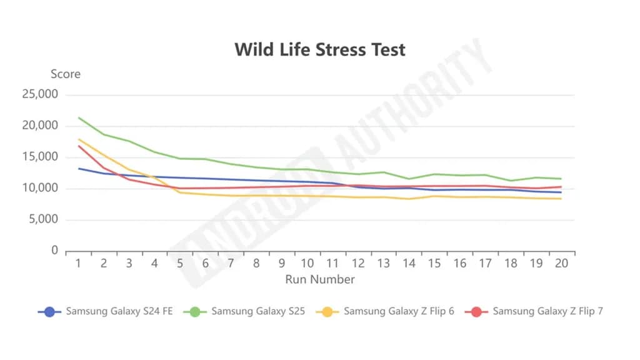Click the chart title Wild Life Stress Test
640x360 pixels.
[319, 49]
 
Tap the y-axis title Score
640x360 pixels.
[66, 74]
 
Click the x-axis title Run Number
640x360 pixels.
[319, 279]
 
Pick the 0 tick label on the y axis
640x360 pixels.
[55, 251]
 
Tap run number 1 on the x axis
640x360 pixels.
[78, 264]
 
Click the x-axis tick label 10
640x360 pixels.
[307, 264]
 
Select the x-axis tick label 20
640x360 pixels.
[561, 264]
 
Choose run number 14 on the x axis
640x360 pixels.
[409, 264]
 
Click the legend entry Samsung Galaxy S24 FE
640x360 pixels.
[119, 311]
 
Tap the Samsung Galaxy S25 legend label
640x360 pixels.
[257, 311]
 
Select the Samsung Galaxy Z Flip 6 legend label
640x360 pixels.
[399, 311]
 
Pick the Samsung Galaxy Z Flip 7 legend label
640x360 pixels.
[547, 311]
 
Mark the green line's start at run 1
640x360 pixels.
[78, 117]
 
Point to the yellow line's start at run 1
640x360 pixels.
[78, 139]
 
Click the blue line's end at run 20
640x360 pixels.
[561, 192]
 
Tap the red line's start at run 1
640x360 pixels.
[78, 146]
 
